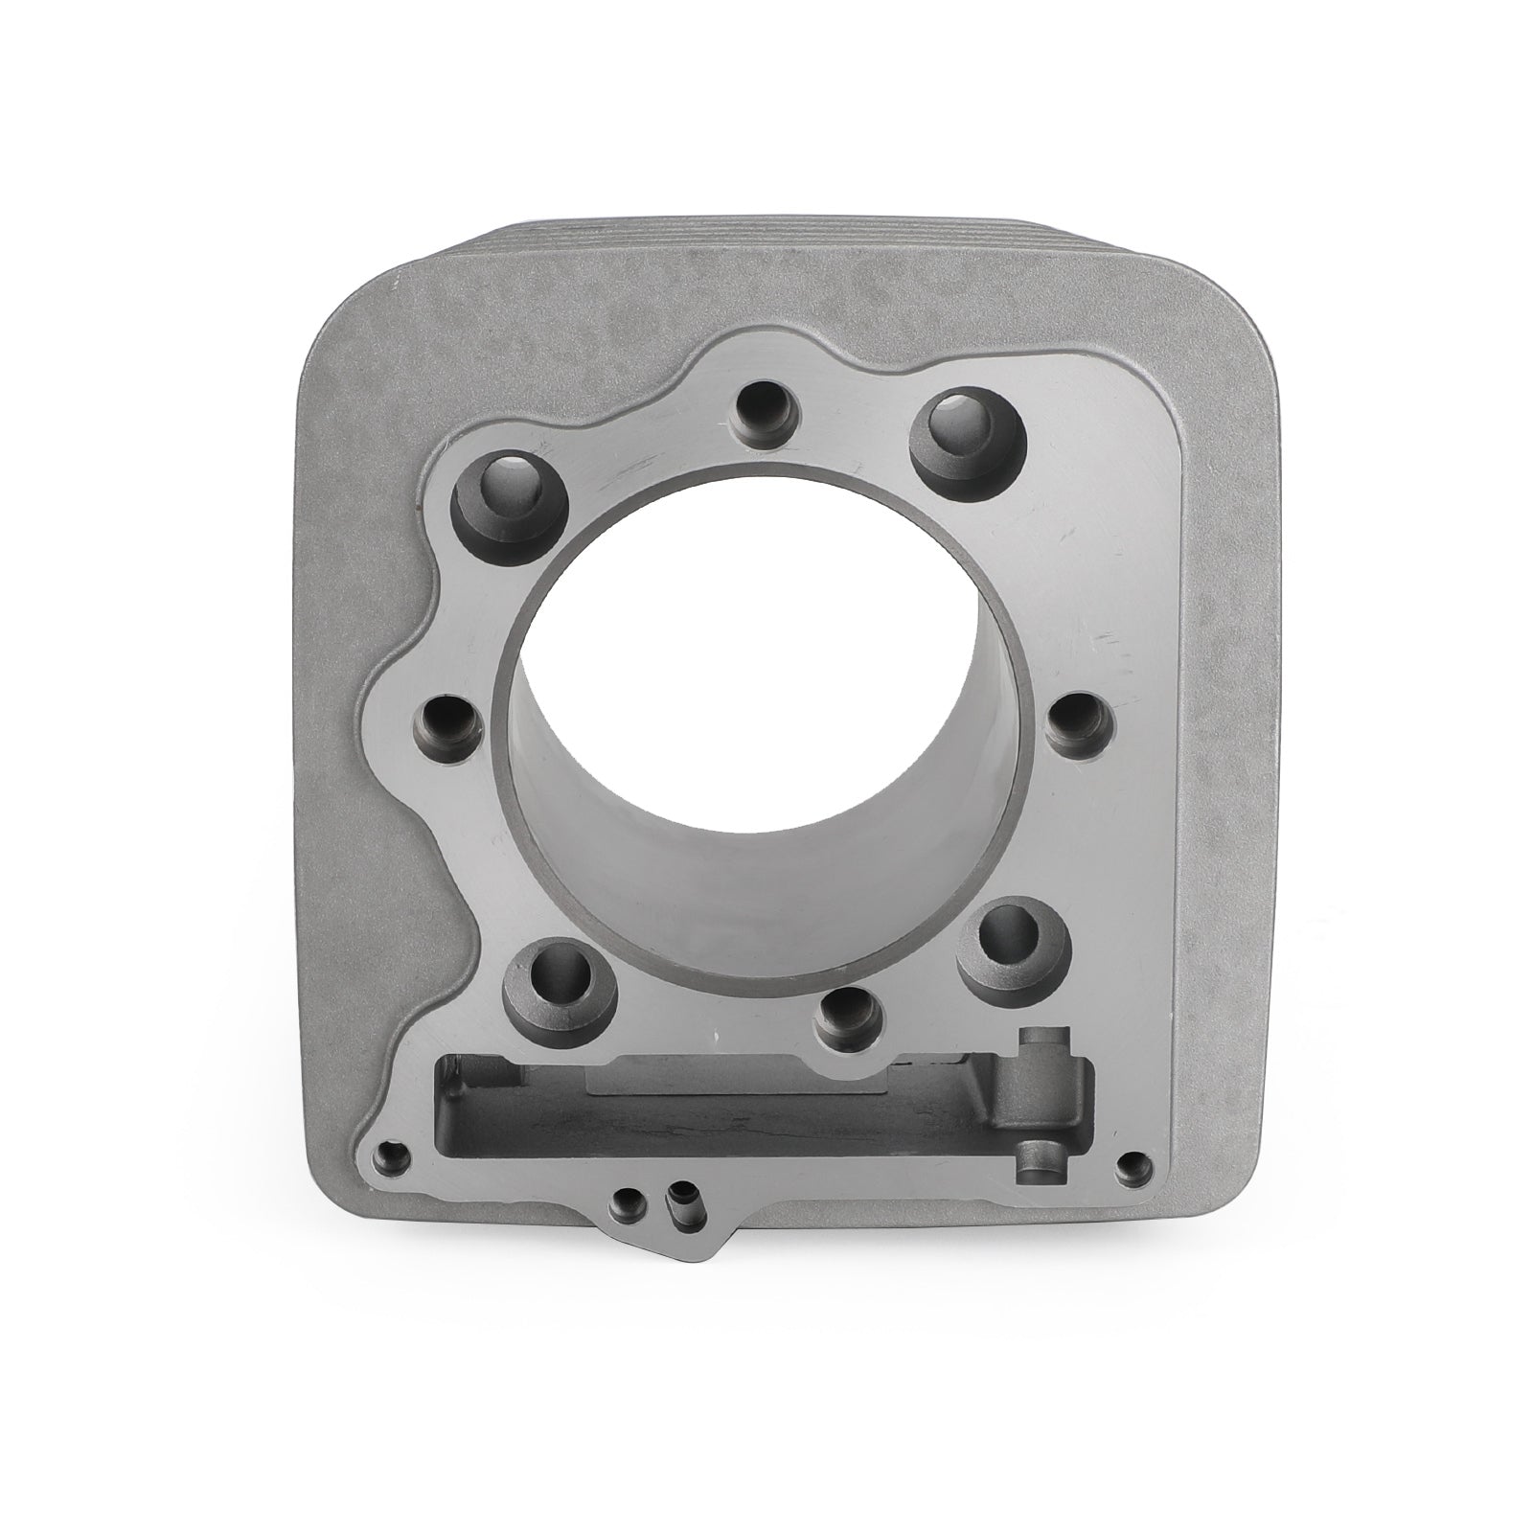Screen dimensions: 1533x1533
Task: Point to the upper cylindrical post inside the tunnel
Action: (x=1040, y=1044)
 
